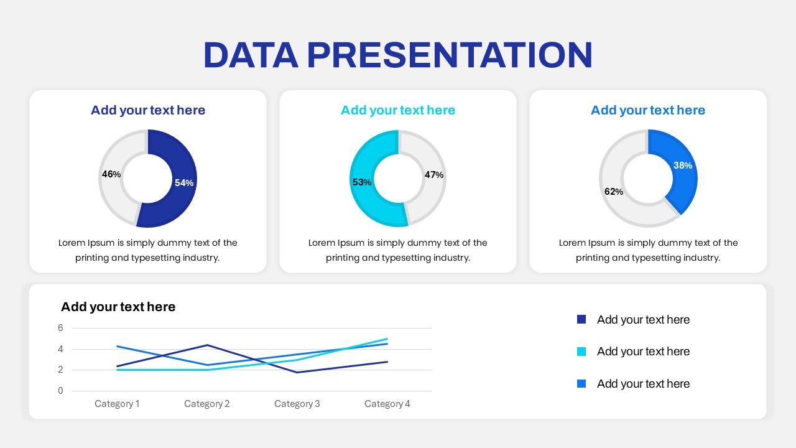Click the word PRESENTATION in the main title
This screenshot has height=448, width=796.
[x=450, y=55]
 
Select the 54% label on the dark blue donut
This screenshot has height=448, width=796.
[x=184, y=183]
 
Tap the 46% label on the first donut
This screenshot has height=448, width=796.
[x=111, y=174]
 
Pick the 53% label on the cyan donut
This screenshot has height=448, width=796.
[x=362, y=182]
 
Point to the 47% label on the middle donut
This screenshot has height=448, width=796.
[x=434, y=175]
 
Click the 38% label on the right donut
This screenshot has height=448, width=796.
[x=683, y=166]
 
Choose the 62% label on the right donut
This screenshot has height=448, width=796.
[x=614, y=192]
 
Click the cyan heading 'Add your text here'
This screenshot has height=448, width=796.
[x=398, y=110]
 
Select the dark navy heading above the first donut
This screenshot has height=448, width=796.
[x=148, y=110]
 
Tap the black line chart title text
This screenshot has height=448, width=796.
[x=118, y=307]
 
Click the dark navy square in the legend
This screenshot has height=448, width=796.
[x=581, y=319]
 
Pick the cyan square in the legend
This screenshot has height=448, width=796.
[x=581, y=352]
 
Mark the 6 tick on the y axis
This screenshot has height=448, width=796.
[x=60, y=328]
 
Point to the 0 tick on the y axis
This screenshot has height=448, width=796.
[x=60, y=391]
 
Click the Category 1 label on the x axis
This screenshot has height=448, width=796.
[x=117, y=404]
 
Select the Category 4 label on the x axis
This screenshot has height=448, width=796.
[x=387, y=404]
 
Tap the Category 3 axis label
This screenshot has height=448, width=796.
[x=297, y=404]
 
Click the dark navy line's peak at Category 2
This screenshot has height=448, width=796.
[x=207, y=345]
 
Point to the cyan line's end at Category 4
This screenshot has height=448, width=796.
[x=387, y=339]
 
